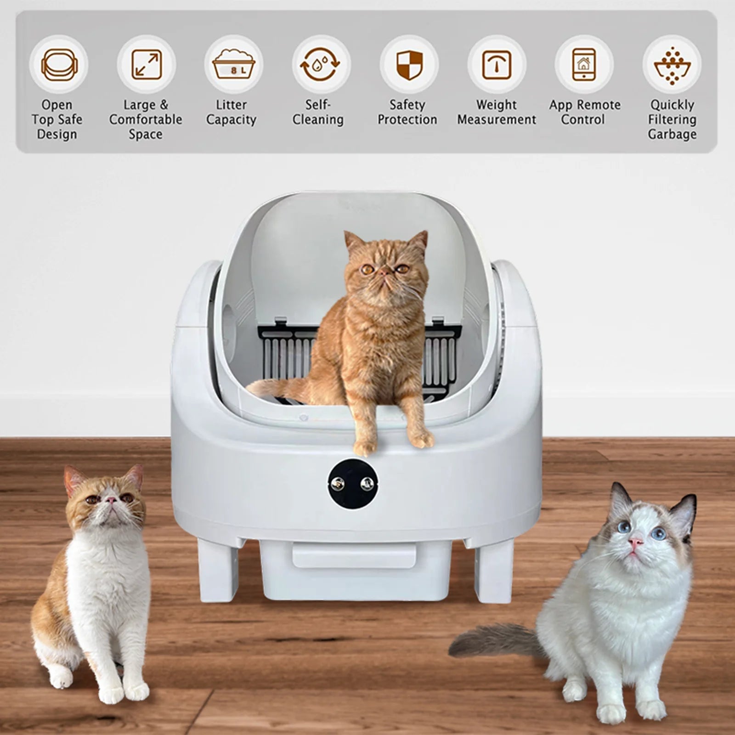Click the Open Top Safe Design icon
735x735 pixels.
pos(59,65)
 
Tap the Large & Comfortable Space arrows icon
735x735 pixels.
pos(147,65)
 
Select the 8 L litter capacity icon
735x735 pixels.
pos(234,65)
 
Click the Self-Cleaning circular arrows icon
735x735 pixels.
pos(321,65)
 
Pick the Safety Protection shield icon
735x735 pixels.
pos(409,65)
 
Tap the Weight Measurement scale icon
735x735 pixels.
pos(497,65)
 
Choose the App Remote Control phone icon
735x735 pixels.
pos(584,65)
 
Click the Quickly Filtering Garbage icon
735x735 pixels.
pos(672,65)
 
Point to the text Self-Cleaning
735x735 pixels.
pos(318,113)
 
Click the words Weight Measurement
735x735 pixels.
pos(497,113)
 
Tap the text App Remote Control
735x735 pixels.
pos(584,113)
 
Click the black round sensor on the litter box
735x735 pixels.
pos(353,483)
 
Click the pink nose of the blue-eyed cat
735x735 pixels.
pos(635,543)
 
